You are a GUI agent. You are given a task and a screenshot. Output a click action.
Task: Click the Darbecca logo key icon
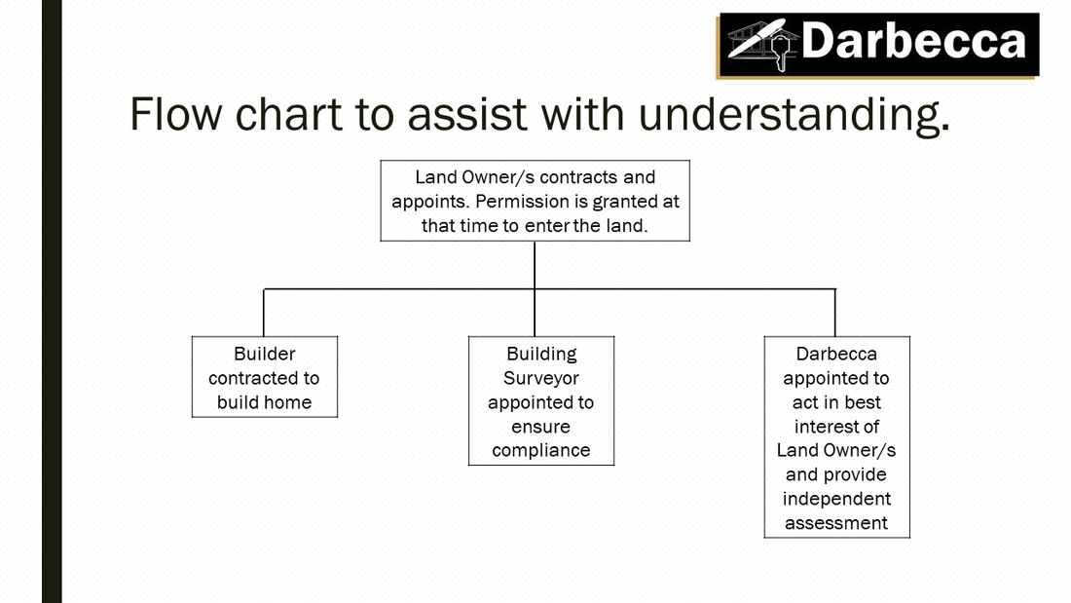point(780,51)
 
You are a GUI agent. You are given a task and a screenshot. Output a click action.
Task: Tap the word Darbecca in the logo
point(913,41)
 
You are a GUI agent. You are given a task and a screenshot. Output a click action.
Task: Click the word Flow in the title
point(175,114)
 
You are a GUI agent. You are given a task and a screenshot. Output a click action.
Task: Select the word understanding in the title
point(794,115)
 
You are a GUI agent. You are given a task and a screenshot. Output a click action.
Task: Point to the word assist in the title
point(467,114)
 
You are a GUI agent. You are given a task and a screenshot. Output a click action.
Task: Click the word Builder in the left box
point(264,354)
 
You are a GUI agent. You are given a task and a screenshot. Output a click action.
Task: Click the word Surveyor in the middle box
point(541,379)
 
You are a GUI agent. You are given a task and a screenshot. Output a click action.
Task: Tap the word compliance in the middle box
point(541,451)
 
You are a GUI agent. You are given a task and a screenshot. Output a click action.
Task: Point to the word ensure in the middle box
point(541,428)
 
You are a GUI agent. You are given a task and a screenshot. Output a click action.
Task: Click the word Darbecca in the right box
point(836,354)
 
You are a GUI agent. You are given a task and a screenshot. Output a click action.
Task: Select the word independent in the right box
point(836,499)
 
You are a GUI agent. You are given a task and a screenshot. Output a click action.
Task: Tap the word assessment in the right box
point(836,524)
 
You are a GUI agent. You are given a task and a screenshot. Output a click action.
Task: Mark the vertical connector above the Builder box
point(264,313)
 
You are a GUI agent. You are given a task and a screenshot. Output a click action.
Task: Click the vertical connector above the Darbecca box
point(834,313)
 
